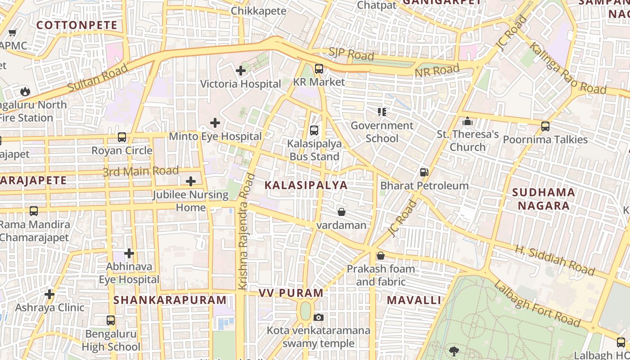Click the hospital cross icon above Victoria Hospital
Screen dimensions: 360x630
pos(241,71)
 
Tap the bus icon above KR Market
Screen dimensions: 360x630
pos(319,69)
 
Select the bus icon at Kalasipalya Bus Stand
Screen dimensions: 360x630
pos(314,130)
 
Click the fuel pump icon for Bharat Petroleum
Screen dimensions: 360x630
pos(423,172)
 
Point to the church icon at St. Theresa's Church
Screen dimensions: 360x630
pos(468,121)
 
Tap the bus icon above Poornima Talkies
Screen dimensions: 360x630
pos(545,126)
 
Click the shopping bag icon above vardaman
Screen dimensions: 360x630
pos(342,211)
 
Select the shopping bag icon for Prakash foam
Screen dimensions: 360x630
pos(381,256)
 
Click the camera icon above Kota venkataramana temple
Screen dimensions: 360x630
pos(319,318)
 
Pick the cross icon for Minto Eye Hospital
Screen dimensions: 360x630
pos(215,122)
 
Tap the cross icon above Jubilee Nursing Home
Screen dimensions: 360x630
pos(191,181)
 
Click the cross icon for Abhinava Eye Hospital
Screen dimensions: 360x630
pos(129,253)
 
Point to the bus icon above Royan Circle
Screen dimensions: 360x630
pos(122,137)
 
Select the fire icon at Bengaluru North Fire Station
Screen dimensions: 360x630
pos(25,91)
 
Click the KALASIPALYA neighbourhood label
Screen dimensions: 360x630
pos(306,185)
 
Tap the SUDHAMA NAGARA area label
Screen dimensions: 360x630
pos(544,199)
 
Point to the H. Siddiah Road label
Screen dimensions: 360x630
pos(554,260)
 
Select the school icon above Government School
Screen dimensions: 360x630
pos(382,112)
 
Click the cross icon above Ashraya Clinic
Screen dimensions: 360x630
pos(49,295)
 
